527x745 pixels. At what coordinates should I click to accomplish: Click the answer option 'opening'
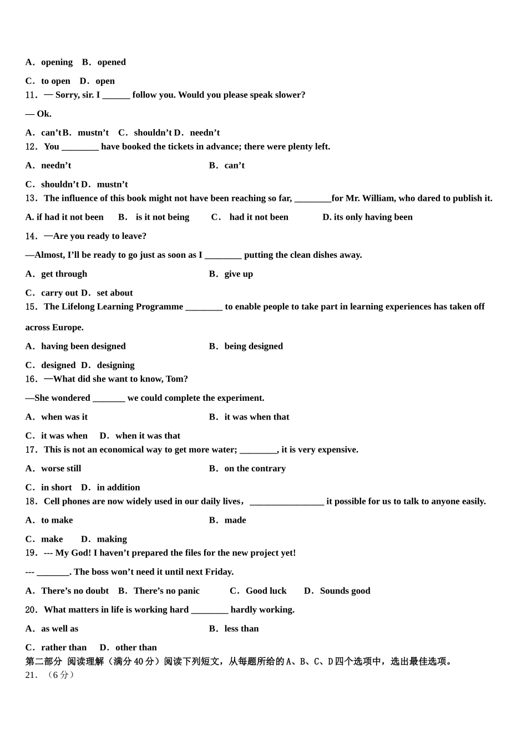click(57, 62)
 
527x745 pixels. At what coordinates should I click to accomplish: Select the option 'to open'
click(55, 81)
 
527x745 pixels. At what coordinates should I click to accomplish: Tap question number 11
click(31, 95)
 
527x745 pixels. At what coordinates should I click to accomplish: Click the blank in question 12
click(80, 147)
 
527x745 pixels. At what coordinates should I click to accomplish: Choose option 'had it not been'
click(259, 217)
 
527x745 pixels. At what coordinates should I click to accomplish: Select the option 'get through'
click(64, 274)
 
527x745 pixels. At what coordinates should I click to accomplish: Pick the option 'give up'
click(239, 274)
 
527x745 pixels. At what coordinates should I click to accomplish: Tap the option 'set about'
click(115, 293)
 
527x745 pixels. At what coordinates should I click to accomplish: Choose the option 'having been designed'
click(83, 346)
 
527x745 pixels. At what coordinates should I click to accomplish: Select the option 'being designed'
click(254, 346)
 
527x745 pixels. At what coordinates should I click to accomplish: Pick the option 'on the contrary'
click(255, 468)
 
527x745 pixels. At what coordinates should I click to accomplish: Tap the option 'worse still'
click(61, 468)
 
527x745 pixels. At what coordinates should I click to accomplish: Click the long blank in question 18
click(287, 502)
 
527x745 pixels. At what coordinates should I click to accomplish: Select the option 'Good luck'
click(266, 591)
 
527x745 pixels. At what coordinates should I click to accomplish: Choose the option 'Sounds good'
click(344, 591)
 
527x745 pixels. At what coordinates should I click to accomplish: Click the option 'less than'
click(241, 629)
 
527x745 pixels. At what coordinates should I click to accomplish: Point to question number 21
click(31, 675)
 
